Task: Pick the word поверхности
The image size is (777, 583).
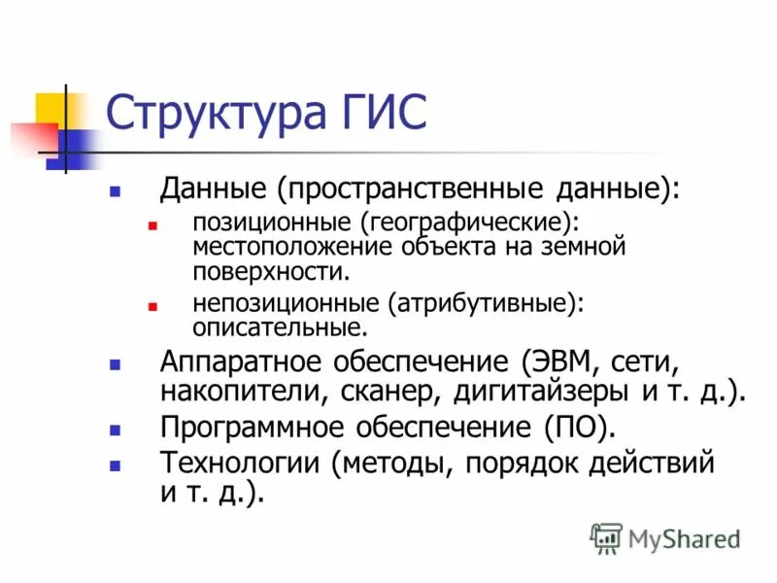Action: point(269,270)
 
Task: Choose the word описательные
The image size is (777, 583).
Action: point(280,327)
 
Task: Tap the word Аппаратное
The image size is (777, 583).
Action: point(240,362)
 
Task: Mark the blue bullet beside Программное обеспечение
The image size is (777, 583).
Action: point(116,429)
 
